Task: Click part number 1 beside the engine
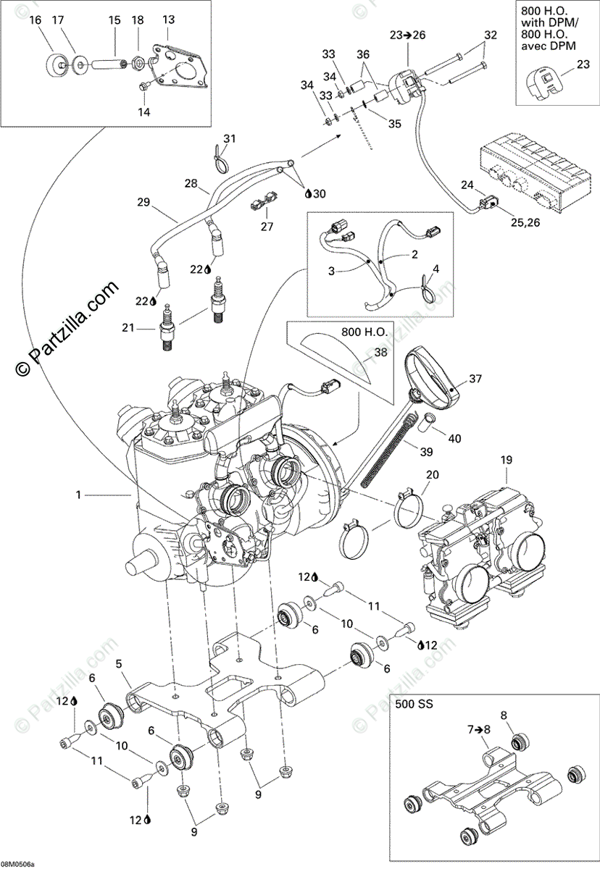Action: [x=78, y=495]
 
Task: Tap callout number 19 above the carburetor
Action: [x=506, y=460]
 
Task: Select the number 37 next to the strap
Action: [x=475, y=379]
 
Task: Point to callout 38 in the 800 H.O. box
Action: [x=380, y=352]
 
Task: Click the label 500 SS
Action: [x=414, y=704]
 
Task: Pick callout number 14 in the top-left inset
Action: [x=144, y=112]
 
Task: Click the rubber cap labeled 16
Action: [x=55, y=64]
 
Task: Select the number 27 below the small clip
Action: [x=267, y=226]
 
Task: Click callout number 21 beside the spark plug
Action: [x=128, y=328]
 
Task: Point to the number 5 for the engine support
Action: [x=119, y=664]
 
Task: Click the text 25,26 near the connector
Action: [x=525, y=222]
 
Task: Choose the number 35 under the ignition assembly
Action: [x=395, y=124]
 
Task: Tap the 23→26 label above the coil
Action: [x=408, y=35]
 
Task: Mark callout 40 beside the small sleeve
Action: [x=455, y=438]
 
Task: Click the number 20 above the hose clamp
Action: [x=433, y=474]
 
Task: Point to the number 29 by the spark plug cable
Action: [x=143, y=202]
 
